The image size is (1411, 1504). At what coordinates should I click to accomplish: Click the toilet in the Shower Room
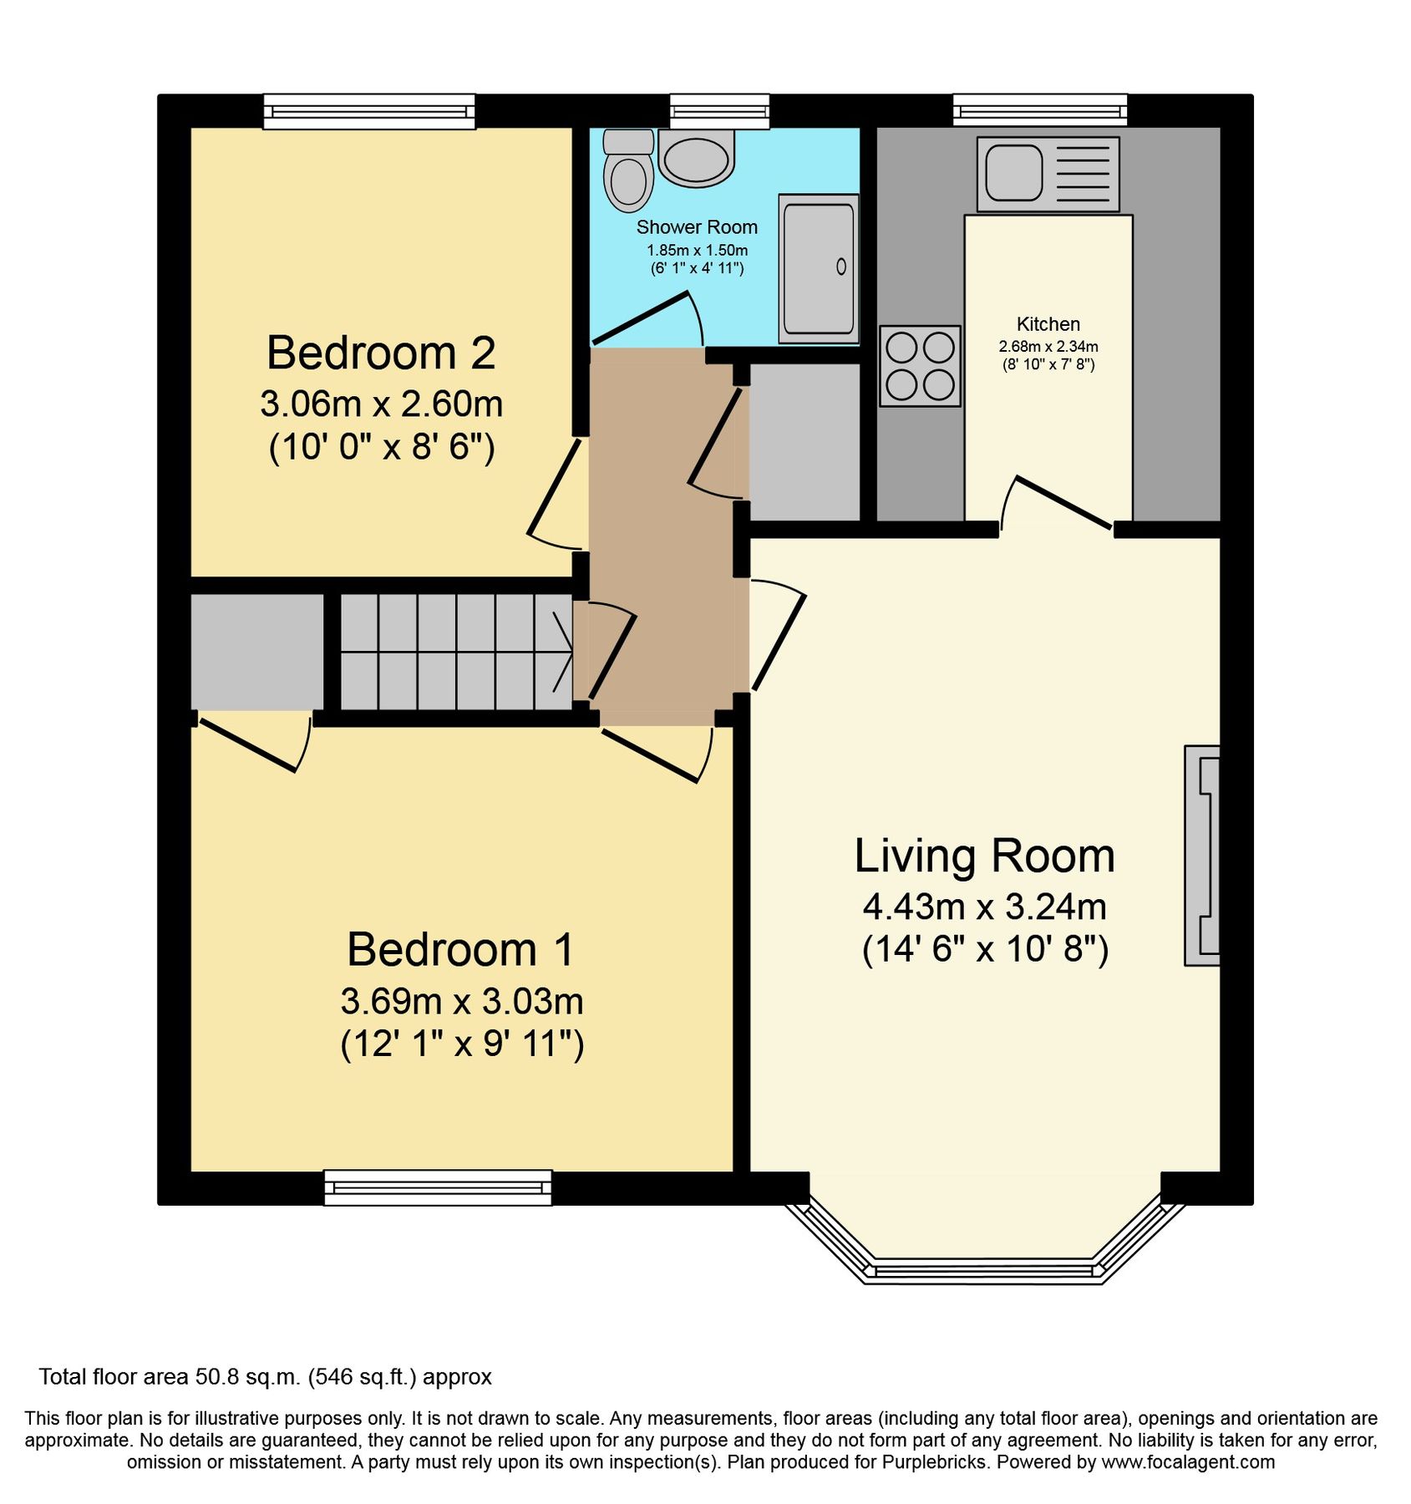tap(628, 172)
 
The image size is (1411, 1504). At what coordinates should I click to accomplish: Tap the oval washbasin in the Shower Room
tap(696, 159)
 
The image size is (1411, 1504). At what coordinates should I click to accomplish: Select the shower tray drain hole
tap(841, 267)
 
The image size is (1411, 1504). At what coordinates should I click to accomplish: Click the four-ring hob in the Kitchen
tap(920, 366)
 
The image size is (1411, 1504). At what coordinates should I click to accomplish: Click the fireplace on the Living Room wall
tap(1203, 855)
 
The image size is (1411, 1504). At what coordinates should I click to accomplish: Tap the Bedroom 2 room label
tap(381, 353)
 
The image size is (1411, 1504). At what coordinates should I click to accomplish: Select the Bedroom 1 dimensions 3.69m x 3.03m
tap(461, 1001)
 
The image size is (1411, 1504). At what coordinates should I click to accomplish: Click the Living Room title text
tap(984, 856)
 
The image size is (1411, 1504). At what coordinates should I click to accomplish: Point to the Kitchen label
tap(1048, 324)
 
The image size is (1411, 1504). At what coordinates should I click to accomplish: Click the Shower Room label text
tap(697, 227)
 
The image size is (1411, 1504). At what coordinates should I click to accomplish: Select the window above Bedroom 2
tap(369, 111)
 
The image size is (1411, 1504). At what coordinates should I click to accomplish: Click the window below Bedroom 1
tap(438, 1187)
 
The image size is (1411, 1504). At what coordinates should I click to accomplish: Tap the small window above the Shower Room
tap(719, 111)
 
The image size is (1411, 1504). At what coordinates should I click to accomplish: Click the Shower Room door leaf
tap(640, 318)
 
